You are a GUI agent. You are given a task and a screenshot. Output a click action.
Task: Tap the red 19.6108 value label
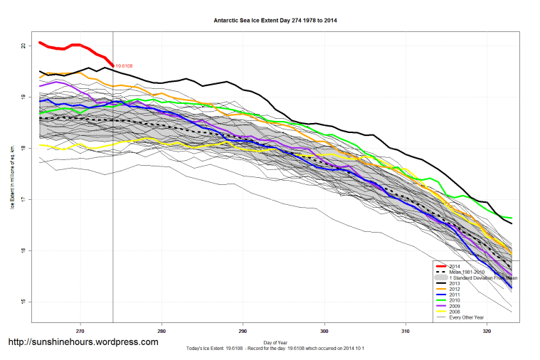pos(125,66)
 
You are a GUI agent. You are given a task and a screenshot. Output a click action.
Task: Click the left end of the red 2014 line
pos(40,43)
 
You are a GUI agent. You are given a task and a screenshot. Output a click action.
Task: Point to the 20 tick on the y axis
pos(23,46)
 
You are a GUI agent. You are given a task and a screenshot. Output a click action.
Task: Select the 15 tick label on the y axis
pos(23,302)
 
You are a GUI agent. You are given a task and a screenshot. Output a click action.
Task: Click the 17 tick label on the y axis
pos(23,199)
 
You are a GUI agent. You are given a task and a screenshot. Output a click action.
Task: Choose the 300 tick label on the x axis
pos(324,331)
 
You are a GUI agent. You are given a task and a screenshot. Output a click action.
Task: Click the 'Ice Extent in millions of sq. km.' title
pos(12,174)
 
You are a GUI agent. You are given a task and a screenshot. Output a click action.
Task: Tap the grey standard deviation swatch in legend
pos(441,277)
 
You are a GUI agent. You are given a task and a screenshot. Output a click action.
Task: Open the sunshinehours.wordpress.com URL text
pos(83,342)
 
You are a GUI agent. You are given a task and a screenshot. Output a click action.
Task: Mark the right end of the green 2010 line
pos(512,218)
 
